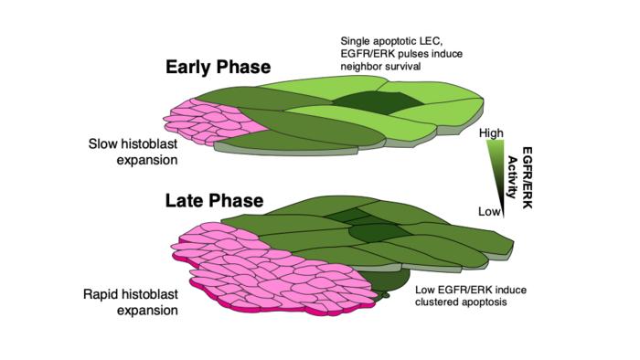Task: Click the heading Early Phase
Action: click(218, 68)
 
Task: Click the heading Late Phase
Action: click(214, 201)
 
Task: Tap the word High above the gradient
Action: click(491, 133)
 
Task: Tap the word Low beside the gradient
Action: click(489, 212)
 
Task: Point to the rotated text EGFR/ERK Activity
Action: click(519, 178)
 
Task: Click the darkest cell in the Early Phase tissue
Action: click(378, 102)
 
